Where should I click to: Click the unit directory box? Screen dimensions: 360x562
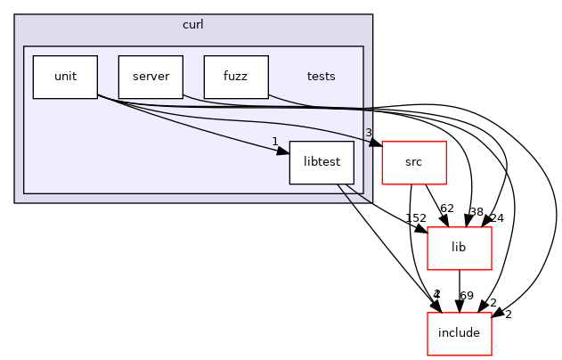point(65,77)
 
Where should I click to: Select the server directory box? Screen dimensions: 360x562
point(151,77)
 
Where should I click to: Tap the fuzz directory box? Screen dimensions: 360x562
point(236,77)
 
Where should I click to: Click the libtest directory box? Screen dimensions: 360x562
point(322,162)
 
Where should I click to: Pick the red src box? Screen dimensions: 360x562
point(413,162)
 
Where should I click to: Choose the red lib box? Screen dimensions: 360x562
point(460,248)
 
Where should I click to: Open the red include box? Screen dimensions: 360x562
point(460,333)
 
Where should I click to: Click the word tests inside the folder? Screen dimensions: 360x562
point(321,77)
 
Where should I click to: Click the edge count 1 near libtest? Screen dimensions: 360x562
point(275,142)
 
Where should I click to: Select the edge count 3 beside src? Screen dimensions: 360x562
point(368,134)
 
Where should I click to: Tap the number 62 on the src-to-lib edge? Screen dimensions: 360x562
point(447,209)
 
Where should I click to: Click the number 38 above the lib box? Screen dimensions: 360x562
point(476,212)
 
